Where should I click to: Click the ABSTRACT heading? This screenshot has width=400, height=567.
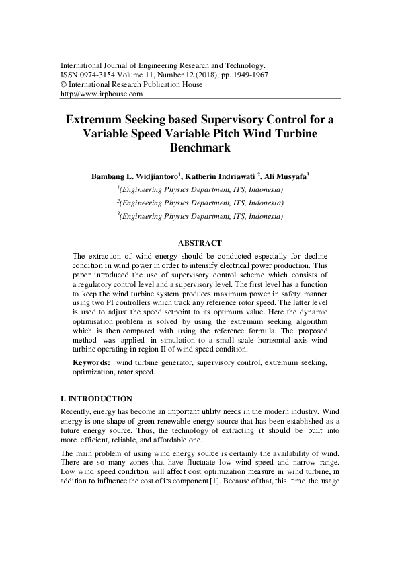[x=200, y=243]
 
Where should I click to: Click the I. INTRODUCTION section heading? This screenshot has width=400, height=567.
[x=96, y=399]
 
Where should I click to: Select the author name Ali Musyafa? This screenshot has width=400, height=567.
[x=284, y=176]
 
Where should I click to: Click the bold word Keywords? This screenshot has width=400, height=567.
[x=91, y=363]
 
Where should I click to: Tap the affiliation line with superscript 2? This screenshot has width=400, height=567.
[x=200, y=203]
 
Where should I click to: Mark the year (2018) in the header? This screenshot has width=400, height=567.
[x=202, y=75]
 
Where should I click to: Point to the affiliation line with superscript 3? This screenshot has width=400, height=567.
[x=200, y=216]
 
